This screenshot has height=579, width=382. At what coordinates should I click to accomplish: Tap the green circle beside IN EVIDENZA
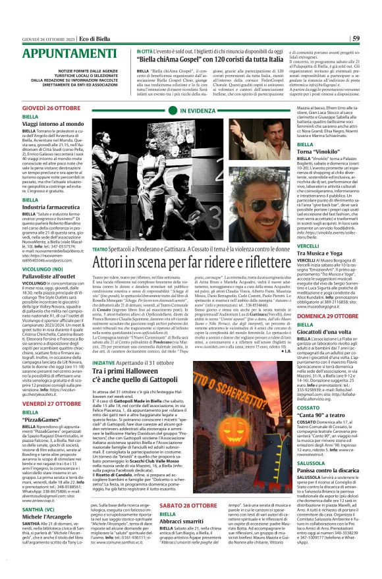pos(173,111)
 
